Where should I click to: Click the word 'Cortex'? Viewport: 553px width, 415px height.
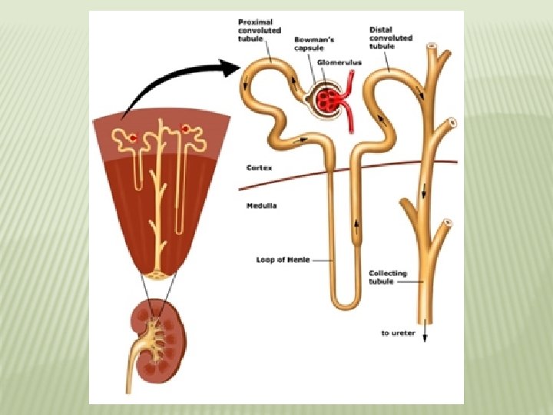tap(259, 167)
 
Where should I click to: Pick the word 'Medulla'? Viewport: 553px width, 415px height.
tap(262, 205)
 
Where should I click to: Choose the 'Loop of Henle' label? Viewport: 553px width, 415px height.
tap(283, 260)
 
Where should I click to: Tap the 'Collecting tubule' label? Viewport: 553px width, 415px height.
tap(388, 277)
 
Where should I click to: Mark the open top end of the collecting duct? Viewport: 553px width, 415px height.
tap(432, 47)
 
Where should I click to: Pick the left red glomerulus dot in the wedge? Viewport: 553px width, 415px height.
tap(133, 138)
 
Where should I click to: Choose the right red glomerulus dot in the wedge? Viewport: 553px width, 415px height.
tap(184, 128)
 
